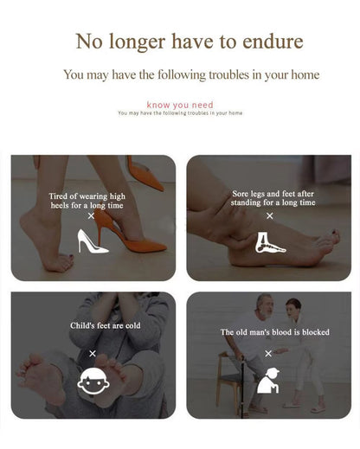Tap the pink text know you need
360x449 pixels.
click(180, 105)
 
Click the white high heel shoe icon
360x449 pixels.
click(93, 241)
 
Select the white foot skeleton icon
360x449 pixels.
click(270, 242)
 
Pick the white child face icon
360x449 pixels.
click(93, 382)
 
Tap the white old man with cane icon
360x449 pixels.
click(268, 381)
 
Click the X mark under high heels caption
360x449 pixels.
click(91, 215)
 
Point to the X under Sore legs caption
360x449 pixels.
click(270, 215)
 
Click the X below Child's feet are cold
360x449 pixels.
click(93, 353)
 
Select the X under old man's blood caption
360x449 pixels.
click(268, 353)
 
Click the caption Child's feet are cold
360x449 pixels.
click(106, 325)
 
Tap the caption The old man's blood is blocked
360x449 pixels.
click(275, 332)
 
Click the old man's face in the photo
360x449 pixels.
click(266, 307)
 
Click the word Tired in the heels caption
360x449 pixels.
click(59, 196)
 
